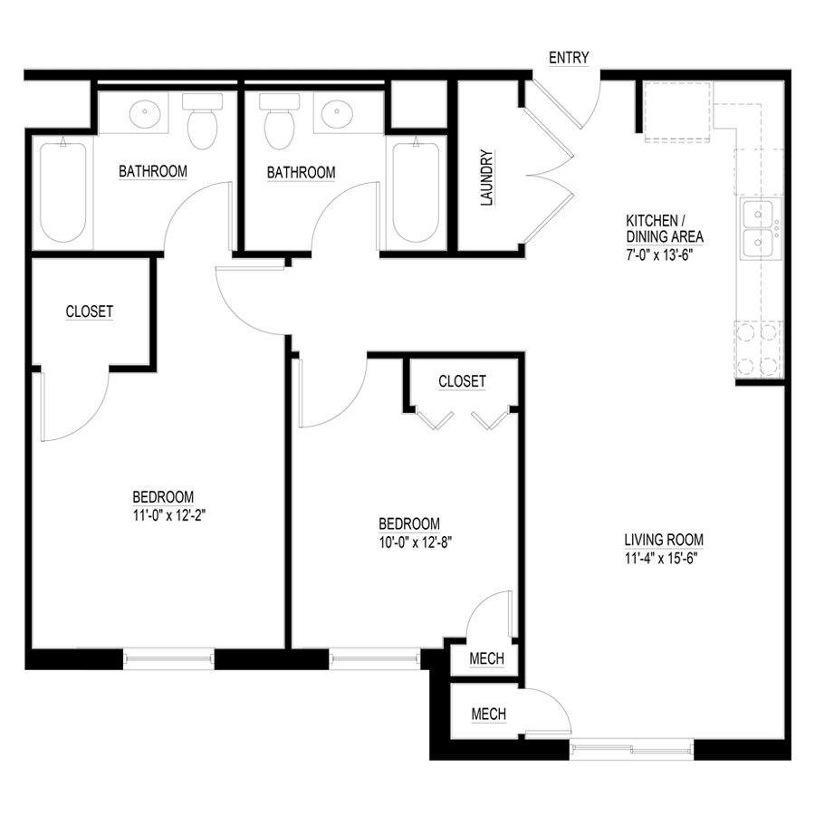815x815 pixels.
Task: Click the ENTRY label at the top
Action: [x=569, y=59]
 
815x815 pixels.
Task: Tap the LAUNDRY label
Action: [x=486, y=178]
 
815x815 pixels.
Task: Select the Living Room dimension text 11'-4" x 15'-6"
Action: [x=664, y=558]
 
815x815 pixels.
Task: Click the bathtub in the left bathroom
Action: [x=62, y=192]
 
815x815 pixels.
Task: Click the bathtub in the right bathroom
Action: [x=416, y=192]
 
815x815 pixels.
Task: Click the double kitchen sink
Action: [x=758, y=230]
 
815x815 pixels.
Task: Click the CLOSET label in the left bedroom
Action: [x=90, y=312]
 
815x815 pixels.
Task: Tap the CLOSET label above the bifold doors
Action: [x=462, y=382]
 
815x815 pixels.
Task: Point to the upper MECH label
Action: [x=486, y=659]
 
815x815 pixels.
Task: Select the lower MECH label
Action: [x=489, y=714]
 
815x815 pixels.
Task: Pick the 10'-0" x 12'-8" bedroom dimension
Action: [x=409, y=542]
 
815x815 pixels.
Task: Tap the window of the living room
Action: [x=631, y=749]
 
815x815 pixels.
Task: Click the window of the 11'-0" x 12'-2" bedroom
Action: [x=168, y=658]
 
